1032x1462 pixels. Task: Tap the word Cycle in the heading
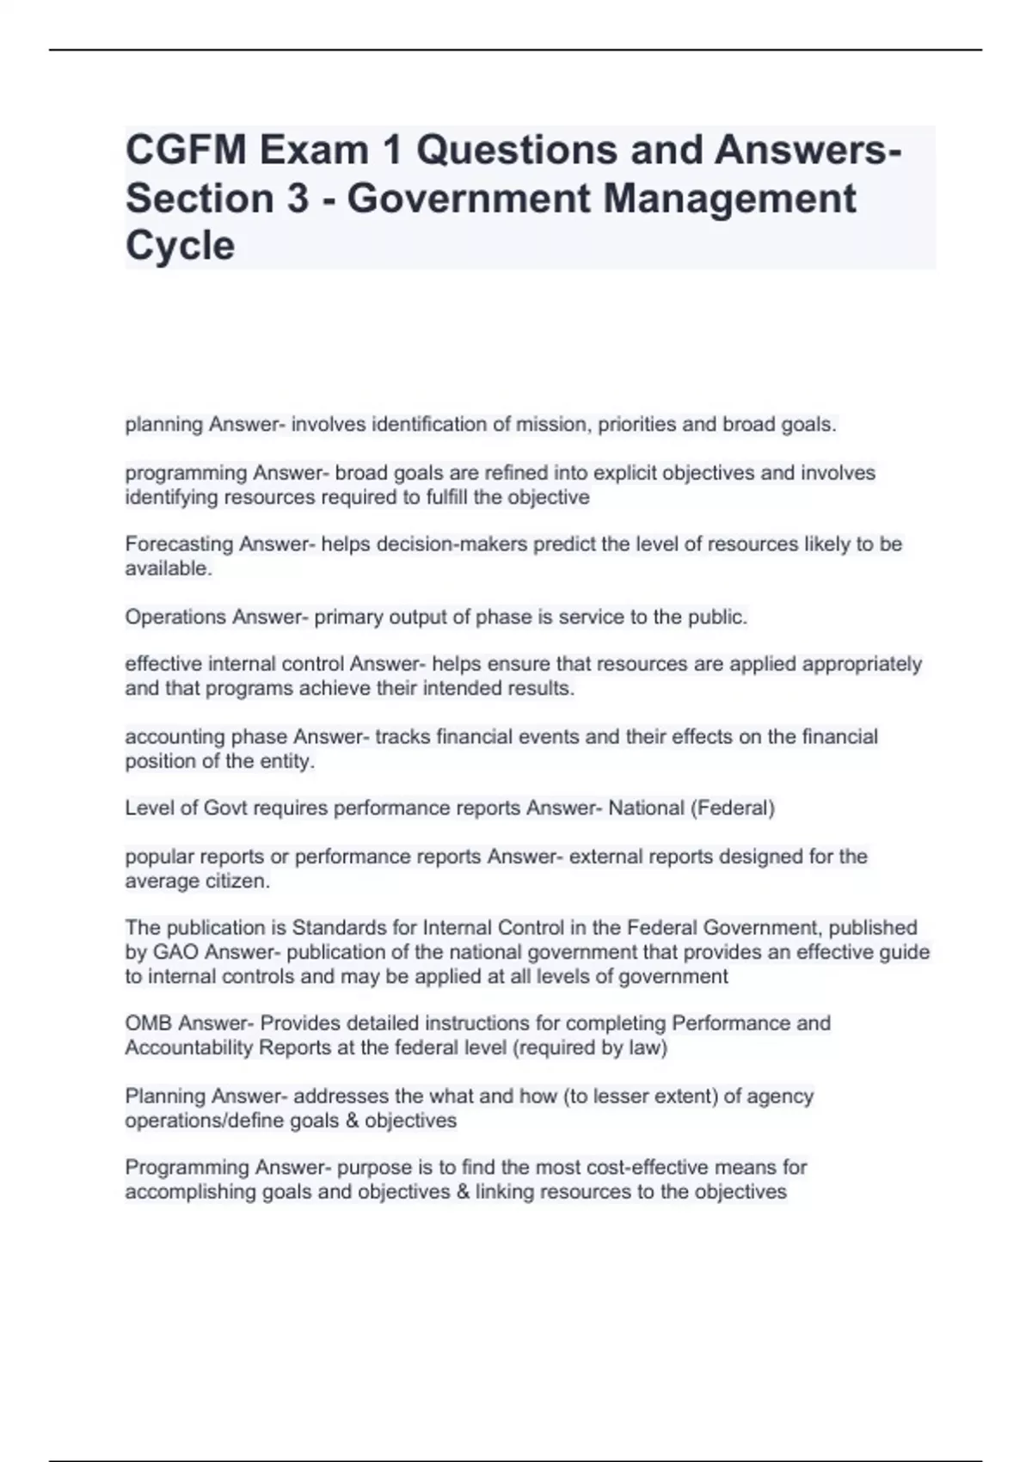(x=180, y=246)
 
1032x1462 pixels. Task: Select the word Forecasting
(x=179, y=544)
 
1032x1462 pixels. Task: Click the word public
(x=718, y=617)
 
